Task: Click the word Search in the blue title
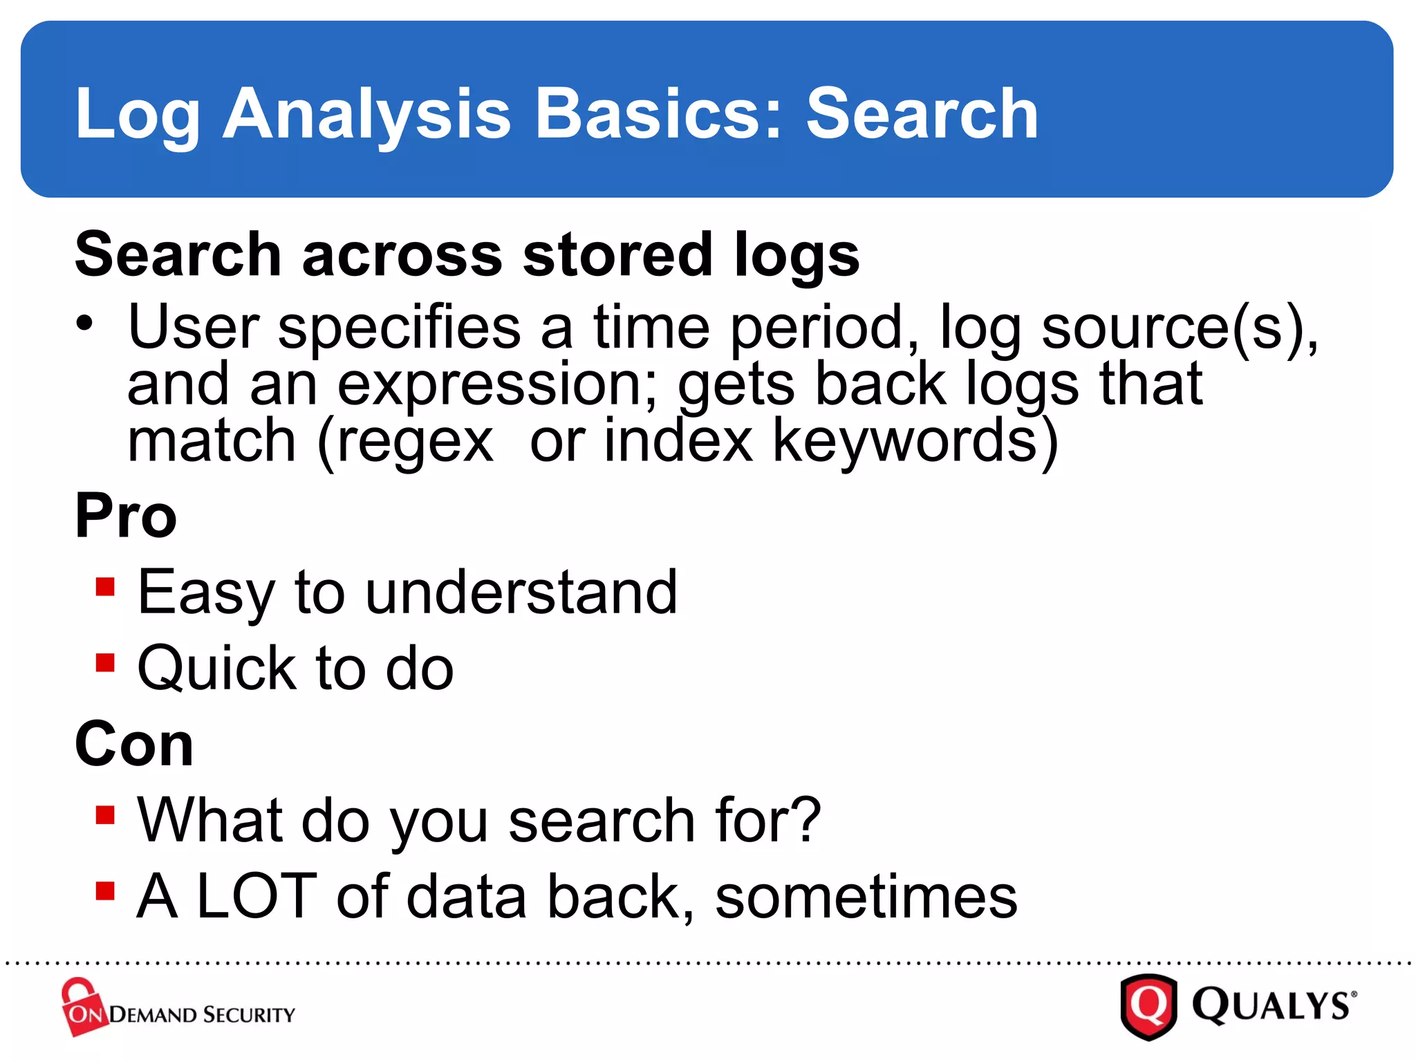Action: pos(922,114)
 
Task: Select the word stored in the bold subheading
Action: pos(617,254)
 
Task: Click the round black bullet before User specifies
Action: pos(84,323)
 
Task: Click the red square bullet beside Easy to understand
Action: pos(105,587)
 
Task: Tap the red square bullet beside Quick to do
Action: pos(105,663)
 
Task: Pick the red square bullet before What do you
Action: pos(105,815)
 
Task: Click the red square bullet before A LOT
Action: pos(105,891)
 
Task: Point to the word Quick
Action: pos(216,669)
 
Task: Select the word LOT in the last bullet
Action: pos(257,896)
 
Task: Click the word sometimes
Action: pos(866,897)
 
